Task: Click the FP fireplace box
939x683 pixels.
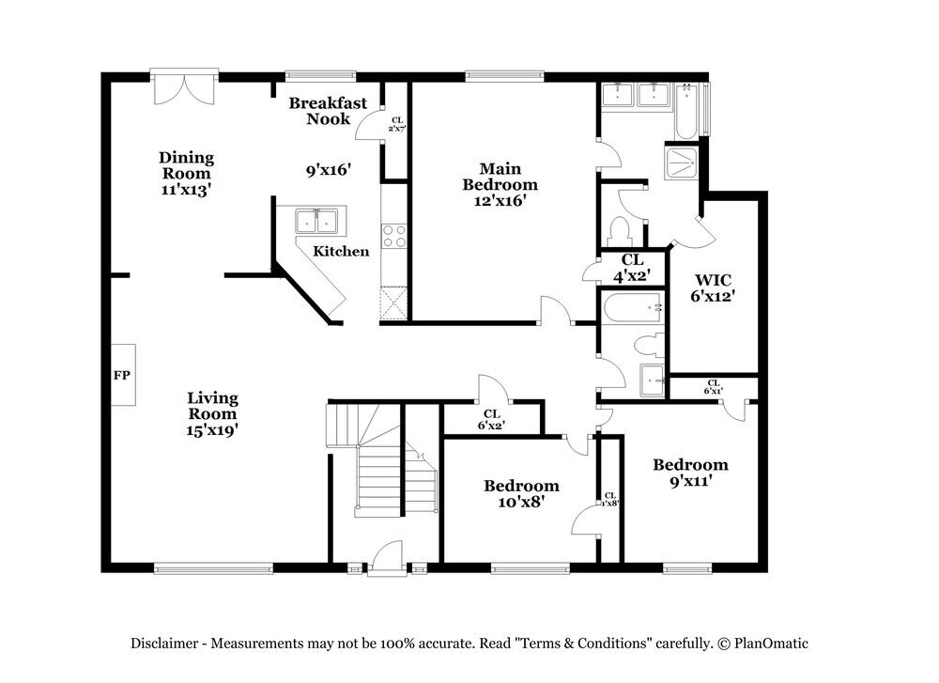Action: coord(122,375)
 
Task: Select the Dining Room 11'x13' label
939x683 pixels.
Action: coord(186,173)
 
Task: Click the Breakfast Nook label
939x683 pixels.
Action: coord(328,111)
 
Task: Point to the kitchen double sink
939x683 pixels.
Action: coord(318,222)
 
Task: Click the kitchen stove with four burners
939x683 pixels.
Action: coord(393,236)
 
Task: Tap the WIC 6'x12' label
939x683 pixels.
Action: coord(714,287)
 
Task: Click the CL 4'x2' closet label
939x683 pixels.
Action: coord(633,267)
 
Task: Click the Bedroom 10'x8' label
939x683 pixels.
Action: coord(521,493)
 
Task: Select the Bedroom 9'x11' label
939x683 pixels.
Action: coord(690,473)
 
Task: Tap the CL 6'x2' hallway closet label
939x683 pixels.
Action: coord(491,419)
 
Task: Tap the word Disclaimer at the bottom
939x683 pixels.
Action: coord(163,644)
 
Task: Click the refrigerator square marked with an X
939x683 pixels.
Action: coord(393,304)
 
